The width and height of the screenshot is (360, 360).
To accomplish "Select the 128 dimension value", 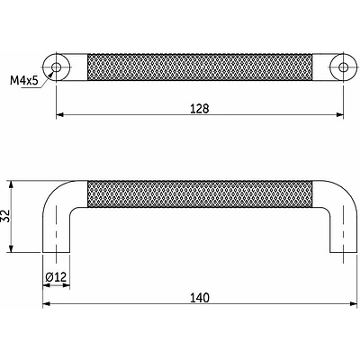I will tap(200, 108).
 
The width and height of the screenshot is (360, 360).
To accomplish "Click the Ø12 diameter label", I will tap(56, 276).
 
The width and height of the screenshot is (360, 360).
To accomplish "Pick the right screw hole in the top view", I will tap(342, 67).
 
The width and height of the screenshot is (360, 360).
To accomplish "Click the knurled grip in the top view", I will tap(200, 67).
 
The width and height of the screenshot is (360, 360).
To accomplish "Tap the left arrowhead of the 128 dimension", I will tap(60, 115).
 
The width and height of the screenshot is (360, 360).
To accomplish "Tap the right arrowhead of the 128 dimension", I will tap(339, 115).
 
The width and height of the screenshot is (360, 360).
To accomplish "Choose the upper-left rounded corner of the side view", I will tap(54, 188).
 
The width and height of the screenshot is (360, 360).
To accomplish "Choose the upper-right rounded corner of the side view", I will tap(343, 188).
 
